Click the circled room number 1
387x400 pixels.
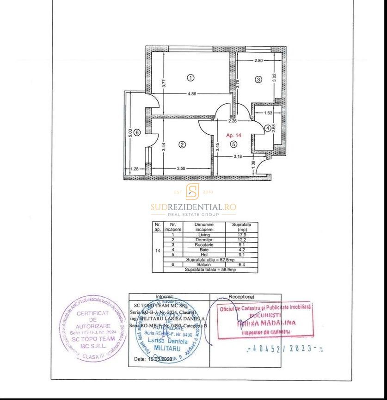(x=191, y=78)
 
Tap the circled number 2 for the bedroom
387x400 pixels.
(x=182, y=144)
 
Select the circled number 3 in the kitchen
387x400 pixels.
(x=258, y=79)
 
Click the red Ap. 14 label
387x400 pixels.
(x=233, y=135)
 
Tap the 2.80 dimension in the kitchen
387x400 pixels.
(x=258, y=61)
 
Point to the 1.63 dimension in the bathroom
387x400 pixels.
(x=268, y=113)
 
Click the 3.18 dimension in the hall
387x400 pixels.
(x=237, y=156)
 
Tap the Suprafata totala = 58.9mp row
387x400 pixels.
(x=210, y=269)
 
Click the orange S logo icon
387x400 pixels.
(x=192, y=191)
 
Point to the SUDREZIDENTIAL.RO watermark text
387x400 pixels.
(x=193, y=207)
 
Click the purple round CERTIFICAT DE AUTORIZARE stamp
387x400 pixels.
(x=93, y=328)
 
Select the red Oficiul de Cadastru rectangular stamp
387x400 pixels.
(x=265, y=319)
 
